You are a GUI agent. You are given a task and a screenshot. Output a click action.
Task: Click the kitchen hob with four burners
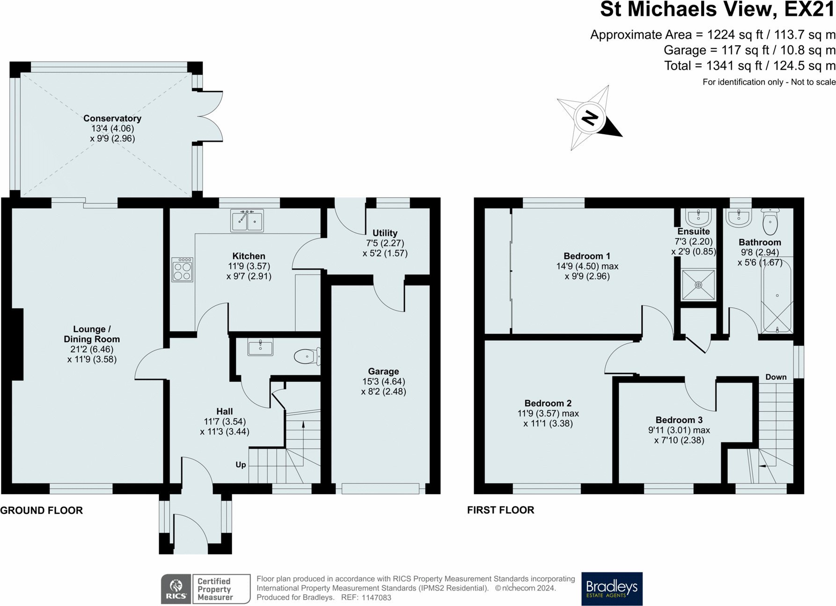pyautogui.click(x=182, y=270)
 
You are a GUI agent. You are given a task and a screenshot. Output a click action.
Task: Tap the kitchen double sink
pyautogui.click(x=247, y=221)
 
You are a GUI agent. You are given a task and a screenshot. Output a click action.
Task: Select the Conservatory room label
pyautogui.click(x=112, y=118)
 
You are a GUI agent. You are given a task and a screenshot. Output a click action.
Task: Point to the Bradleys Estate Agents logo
pyautogui.click(x=611, y=589)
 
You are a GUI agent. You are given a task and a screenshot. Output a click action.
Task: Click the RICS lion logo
pyautogui.click(x=176, y=589)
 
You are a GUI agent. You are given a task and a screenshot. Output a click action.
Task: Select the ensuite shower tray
pyautogui.click(x=698, y=285)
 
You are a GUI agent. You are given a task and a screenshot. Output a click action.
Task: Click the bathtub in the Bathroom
pyautogui.click(x=777, y=297)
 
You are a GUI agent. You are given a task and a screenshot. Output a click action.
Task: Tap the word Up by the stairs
pyautogui.click(x=241, y=465)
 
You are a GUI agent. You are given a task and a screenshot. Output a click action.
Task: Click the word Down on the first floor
pyautogui.click(x=776, y=377)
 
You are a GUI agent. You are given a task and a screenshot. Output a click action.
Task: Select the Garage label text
pyautogui.click(x=383, y=371)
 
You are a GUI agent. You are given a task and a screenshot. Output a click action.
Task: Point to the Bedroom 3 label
pyautogui.click(x=679, y=420)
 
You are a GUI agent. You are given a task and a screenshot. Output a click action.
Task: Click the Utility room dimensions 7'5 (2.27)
pyautogui.click(x=385, y=243)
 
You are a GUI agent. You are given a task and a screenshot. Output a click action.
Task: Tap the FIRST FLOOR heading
pyautogui.click(x=500, y=510)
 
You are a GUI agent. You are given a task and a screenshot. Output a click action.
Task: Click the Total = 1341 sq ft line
pyautogui.click(x=749, y=66)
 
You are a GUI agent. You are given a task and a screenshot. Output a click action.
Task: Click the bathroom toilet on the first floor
pyautogui.click(x=770, y=222)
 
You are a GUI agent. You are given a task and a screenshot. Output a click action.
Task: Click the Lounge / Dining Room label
pyautogui.click(x=92, y=334)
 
